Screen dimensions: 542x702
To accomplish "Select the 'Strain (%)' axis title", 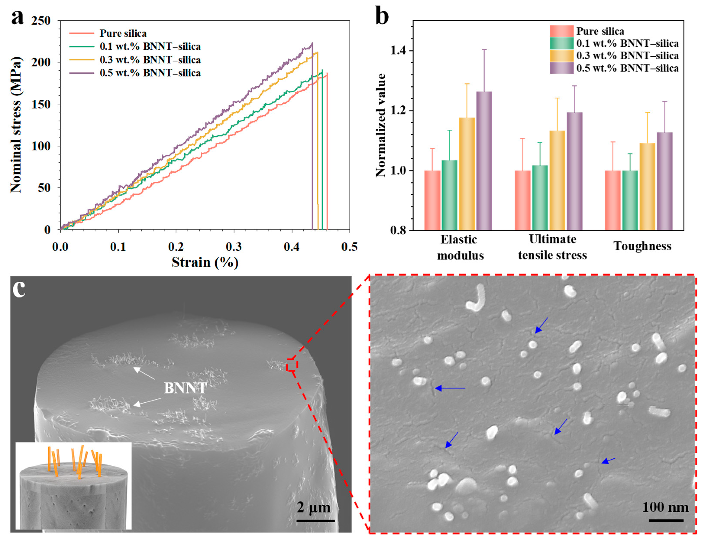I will [205, 262].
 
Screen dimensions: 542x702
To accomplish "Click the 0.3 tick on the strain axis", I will [234, 247].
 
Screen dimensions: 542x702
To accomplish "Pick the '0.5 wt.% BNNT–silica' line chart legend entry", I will [150, 73].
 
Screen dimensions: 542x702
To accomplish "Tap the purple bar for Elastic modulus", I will [484, 161].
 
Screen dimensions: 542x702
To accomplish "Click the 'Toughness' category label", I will [642, 246].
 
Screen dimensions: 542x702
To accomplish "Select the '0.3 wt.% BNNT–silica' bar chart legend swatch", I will [561, 56].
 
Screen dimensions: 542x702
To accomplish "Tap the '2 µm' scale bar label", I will [313, 508].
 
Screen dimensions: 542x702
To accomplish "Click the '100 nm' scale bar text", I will [665, 507].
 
